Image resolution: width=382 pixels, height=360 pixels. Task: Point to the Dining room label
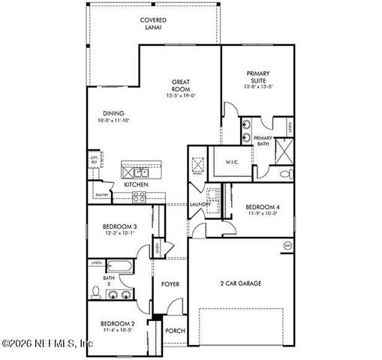point(114,114)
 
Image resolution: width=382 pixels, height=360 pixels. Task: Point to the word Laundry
point(199,204)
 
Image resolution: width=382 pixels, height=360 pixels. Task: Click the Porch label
point(175,331)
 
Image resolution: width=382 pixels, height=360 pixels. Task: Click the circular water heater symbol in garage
point(286,244)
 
